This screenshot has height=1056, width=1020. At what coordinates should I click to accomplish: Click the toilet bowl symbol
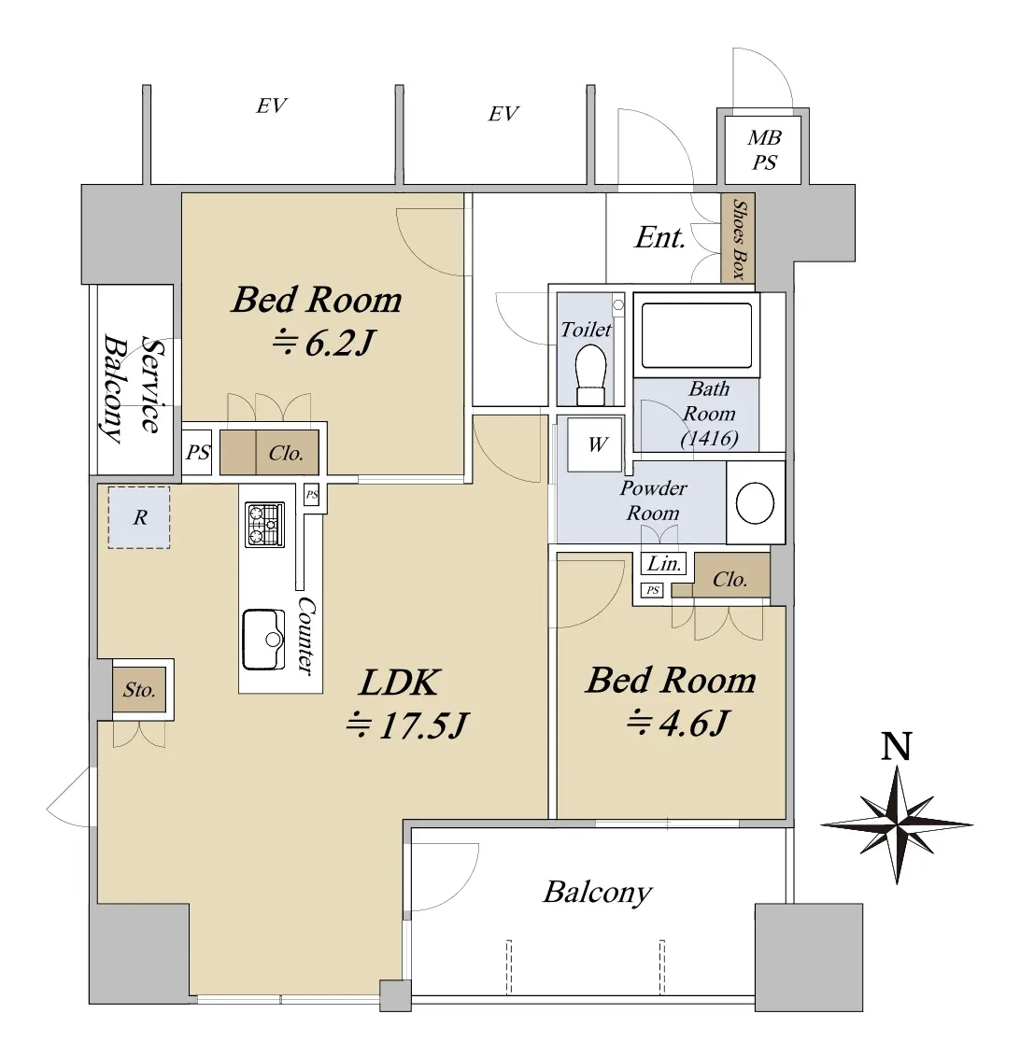pyautogui.click(x=590, y=375)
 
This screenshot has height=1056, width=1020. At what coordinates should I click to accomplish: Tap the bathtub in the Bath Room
pyautogui.click(x=696, y=335)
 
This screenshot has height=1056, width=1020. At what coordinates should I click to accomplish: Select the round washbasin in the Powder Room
pyautogui.click(x=755, y=502)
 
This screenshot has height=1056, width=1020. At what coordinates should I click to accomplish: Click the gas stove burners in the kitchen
pyautogui.click(x=264, y=525)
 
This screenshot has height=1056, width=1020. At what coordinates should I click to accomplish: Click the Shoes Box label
pyautogui.click(x=739, y=239)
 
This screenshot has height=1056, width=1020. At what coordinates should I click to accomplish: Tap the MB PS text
pyautogui.click(x=764, y=150)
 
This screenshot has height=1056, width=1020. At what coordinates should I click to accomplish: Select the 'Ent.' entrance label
pyautogui.click(x=659, y=237)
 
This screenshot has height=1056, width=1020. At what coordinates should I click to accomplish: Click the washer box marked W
pyautogui.click(x=595, y=444)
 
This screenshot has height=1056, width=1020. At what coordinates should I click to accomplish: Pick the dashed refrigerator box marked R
pyautogui.click(x=139, y=517)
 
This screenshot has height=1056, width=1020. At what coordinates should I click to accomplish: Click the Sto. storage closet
pyautogui.click(x=139, y=690)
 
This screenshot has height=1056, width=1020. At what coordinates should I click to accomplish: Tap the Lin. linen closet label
pyautogui.click(x=663, y=564)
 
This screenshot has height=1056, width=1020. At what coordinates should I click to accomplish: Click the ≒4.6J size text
pyautogui.click(x=678, y=724)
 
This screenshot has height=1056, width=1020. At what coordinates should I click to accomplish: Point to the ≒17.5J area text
pyautogui.click(x=406, y=726)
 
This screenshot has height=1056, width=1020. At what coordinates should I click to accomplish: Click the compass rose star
pyautogui.click(x=897, y=824)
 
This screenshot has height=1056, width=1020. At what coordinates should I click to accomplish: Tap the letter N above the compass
pyautogui.click(x=896, y=746)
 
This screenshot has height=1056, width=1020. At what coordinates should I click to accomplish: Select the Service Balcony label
pyautogui.click(x=132, y=388)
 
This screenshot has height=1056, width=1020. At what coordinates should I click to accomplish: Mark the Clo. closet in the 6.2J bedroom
pyautogui.click(x=286, y=453)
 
